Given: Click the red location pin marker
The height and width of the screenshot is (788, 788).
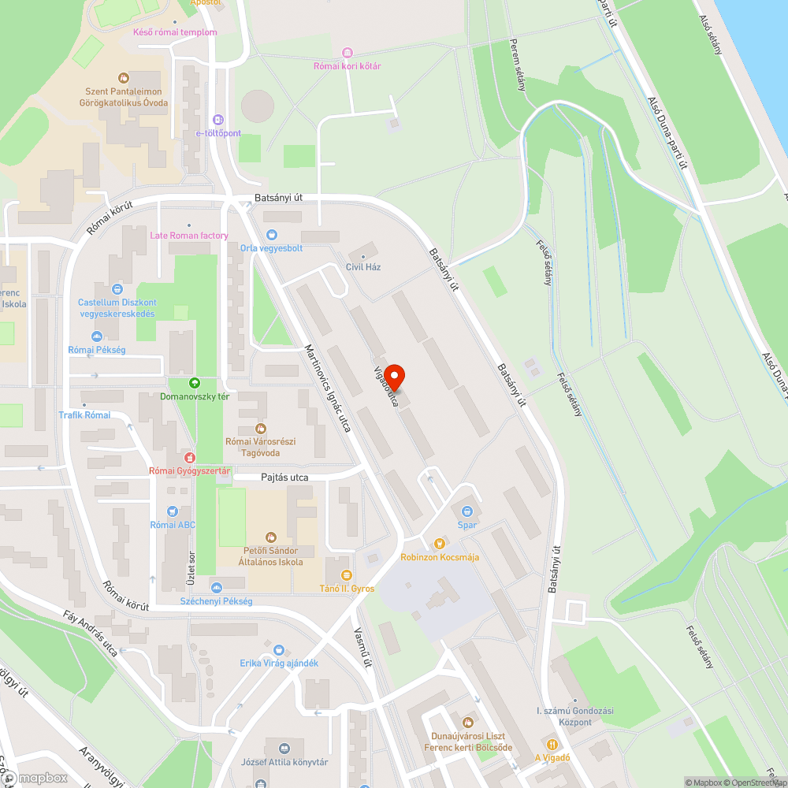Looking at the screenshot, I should tap(393, 376).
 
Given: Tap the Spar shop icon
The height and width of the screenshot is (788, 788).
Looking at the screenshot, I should tap(467, 511).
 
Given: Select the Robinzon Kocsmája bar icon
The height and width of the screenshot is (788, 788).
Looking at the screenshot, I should tap(440, 543).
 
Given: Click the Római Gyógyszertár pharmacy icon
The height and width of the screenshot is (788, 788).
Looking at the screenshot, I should tap(189, 457).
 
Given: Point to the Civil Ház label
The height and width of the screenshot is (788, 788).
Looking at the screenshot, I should tap(363, 267).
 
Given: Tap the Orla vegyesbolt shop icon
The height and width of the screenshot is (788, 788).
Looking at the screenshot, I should tap(272, 234).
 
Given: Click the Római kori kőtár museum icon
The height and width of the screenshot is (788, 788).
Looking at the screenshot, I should tap(347, 52).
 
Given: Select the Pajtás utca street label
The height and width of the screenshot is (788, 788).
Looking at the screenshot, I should tap(284, 478).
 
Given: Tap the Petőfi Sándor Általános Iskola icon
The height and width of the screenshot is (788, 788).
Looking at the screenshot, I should tap(271, 537).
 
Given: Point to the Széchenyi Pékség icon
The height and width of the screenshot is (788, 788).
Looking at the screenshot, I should tap(216, 587).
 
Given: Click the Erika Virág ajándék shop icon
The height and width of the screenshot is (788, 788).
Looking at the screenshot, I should tap(279, 649).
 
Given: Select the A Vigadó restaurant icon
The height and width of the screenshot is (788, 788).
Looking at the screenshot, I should tap(552, 744).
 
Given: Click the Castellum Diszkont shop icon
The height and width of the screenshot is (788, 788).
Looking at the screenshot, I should tap(117, 289).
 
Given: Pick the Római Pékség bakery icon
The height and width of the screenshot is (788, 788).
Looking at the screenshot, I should tap(97, 335).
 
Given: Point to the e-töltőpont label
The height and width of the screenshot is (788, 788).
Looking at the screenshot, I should tap(218, 133).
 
